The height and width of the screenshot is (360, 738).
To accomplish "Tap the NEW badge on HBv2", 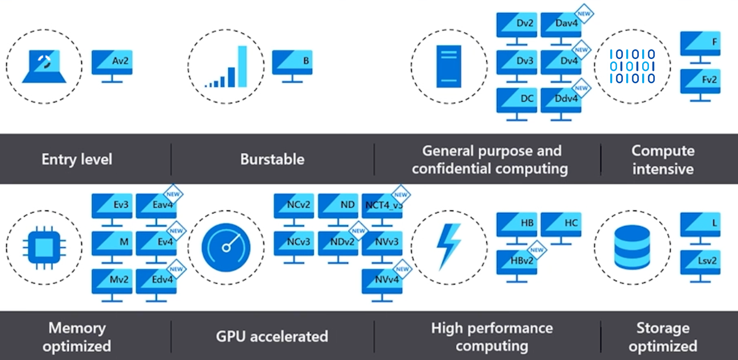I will (537, 249).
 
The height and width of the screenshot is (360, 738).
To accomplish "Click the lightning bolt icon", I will (448, 246).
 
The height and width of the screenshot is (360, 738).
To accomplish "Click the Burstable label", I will (272, 159).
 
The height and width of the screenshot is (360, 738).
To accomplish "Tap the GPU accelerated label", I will (272, 336).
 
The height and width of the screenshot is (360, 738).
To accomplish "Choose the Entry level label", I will (77, 159).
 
